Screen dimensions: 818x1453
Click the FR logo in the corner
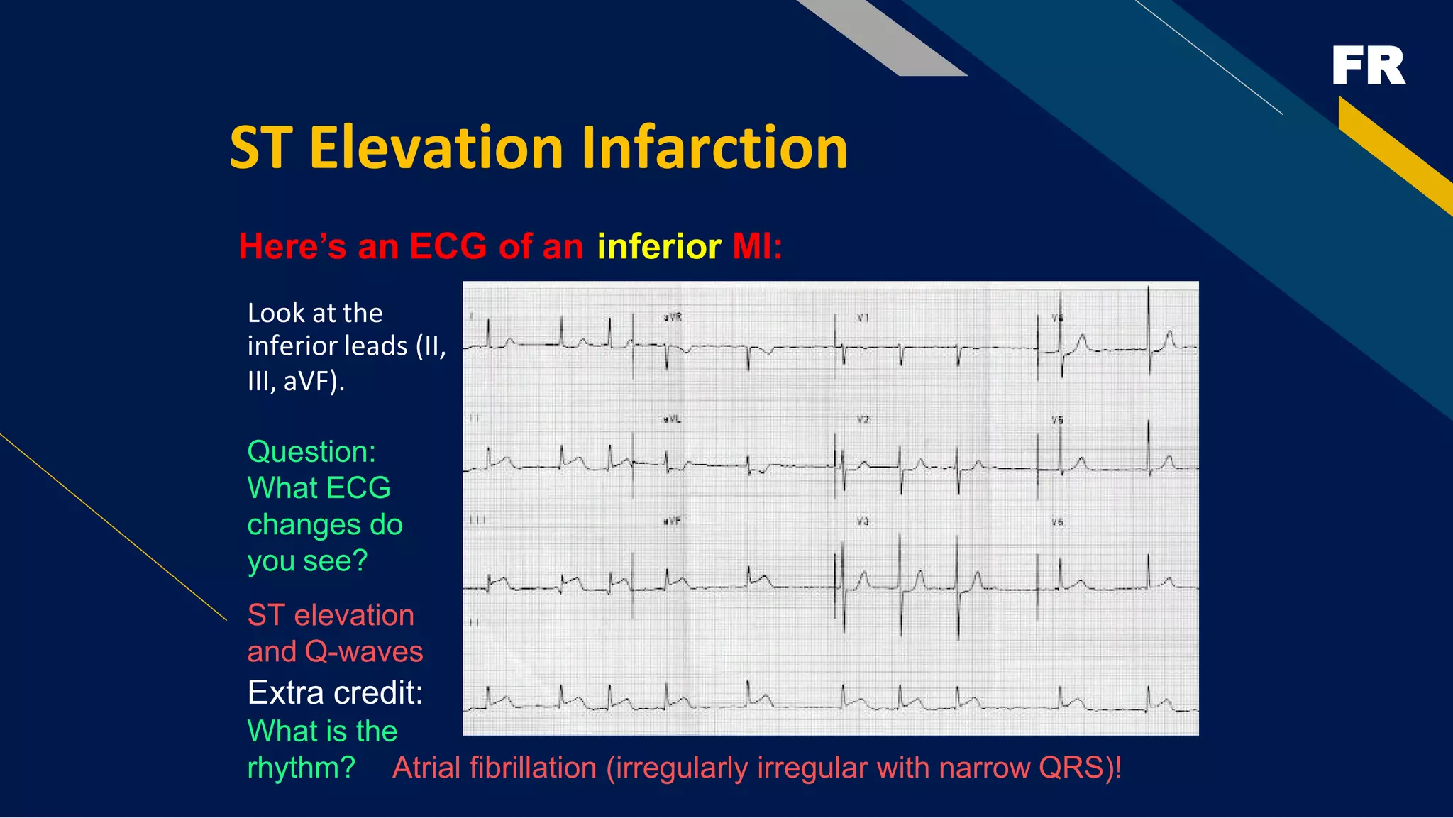click(x=1368, y=66)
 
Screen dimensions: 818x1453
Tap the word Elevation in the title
click(x=436, y=148)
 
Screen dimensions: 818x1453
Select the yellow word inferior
click(x=659, y=247)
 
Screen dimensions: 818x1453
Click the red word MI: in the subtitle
click(x=757, y=247)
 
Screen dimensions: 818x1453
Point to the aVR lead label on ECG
click(x=673, y=317)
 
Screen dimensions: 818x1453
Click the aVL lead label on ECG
click(x=672, y=419)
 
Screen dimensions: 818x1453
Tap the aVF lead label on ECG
click(x=672, y=521)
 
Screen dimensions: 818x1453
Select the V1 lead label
click(x=863, y=318)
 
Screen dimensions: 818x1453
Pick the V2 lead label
click(x=863, y=419)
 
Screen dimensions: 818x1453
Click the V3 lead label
click(x=863, y=521)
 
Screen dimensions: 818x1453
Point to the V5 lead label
click(x=1057, y=420)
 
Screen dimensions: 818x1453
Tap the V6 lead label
click(x=1057, y=522)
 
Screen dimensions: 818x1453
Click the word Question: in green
click(x=311, y=452)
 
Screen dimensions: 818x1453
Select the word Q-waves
click(x=364, y=651)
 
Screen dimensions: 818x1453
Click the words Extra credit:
click(x=335, y=692)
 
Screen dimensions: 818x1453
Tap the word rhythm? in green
click(x=301, y=768)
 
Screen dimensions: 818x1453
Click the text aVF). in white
click(x=314, y=382)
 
